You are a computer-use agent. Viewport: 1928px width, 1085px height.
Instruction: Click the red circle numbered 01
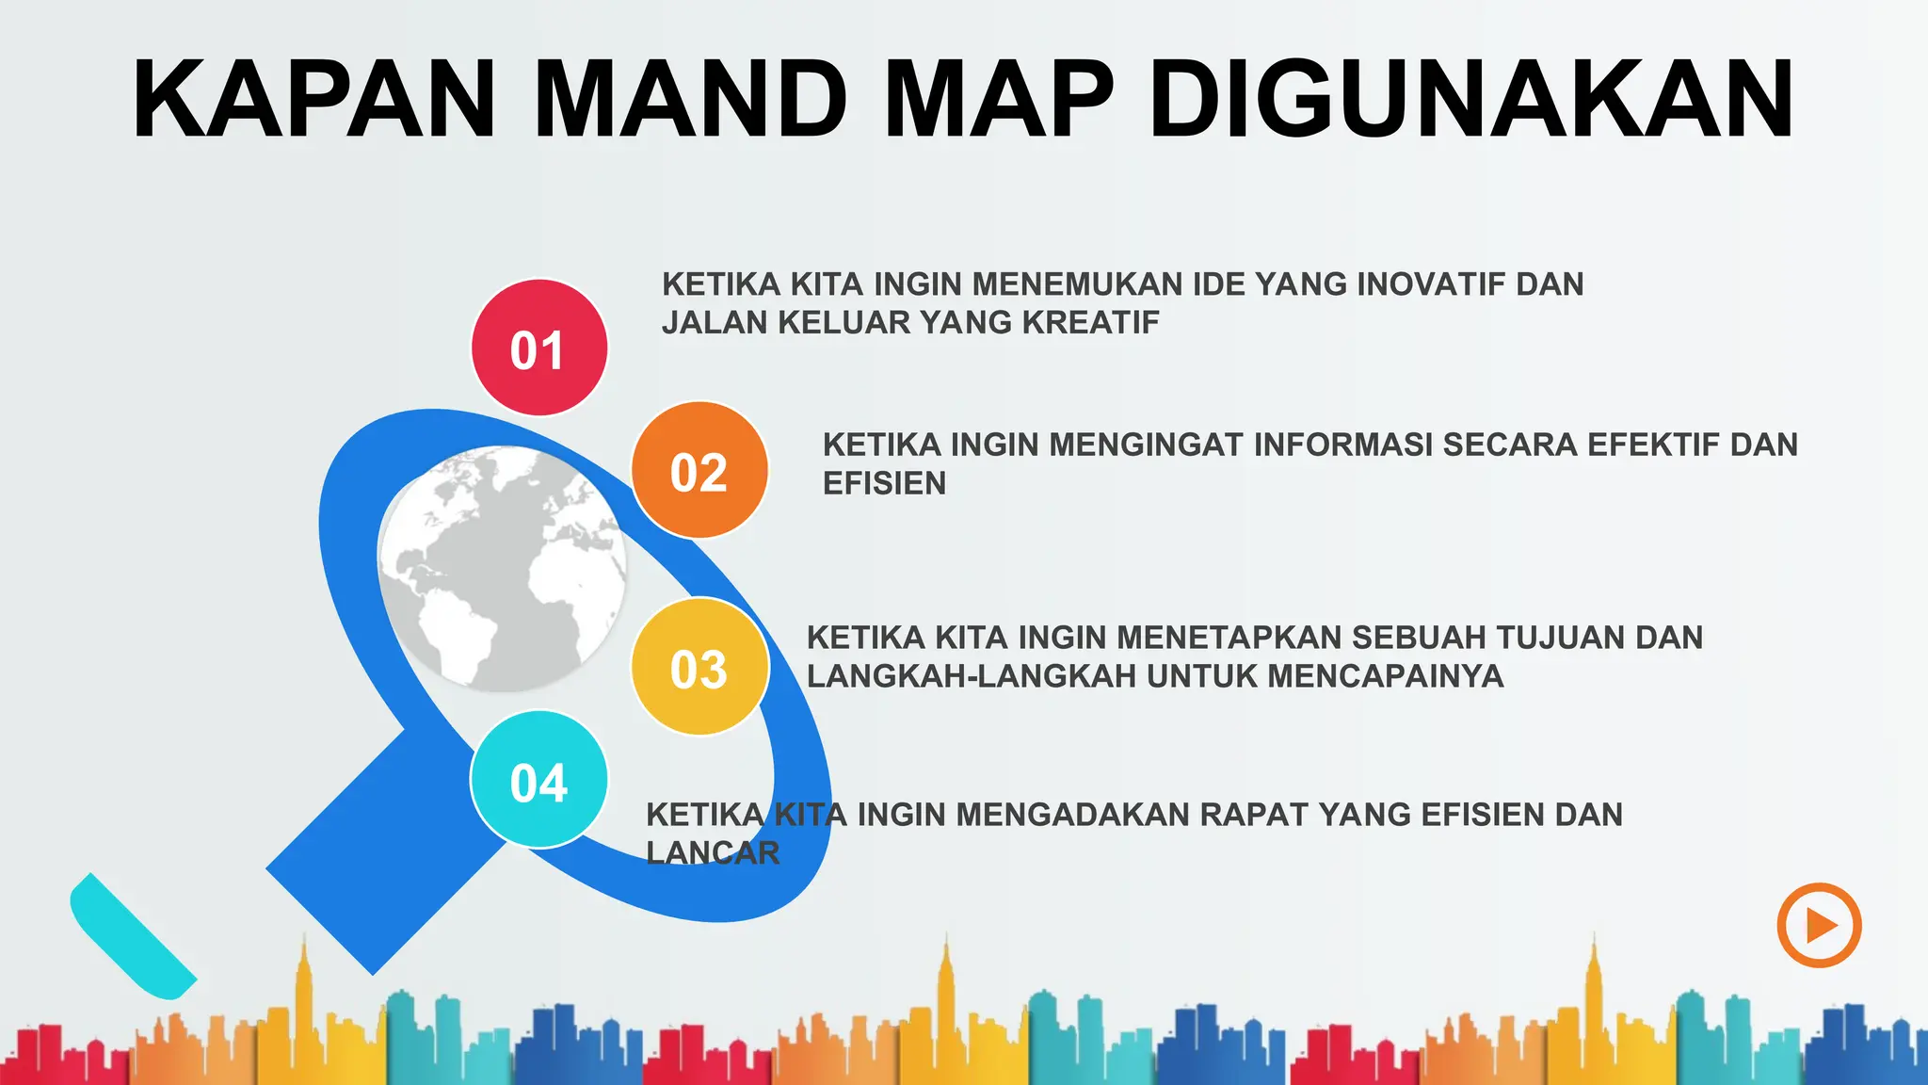coord(538,348)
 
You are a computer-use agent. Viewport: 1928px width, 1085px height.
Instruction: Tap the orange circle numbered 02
coord(699,470)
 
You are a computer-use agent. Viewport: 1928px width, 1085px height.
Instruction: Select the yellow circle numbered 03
coord(699,667)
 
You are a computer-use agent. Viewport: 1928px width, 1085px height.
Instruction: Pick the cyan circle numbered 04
coord(538,780)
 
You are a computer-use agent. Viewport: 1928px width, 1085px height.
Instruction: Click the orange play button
coord(1819,925)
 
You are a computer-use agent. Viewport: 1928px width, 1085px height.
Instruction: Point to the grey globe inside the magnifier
coord(502,568)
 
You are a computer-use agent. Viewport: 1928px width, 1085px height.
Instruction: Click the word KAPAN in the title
coord(314,100)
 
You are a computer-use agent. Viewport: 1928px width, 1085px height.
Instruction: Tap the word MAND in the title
coord(691,100)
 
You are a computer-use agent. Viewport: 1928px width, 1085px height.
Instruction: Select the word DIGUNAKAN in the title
coord(1470,100)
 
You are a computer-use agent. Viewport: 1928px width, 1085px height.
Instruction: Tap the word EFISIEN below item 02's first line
coord(884,483)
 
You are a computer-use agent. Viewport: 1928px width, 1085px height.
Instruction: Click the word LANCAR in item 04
coord(713,853)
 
